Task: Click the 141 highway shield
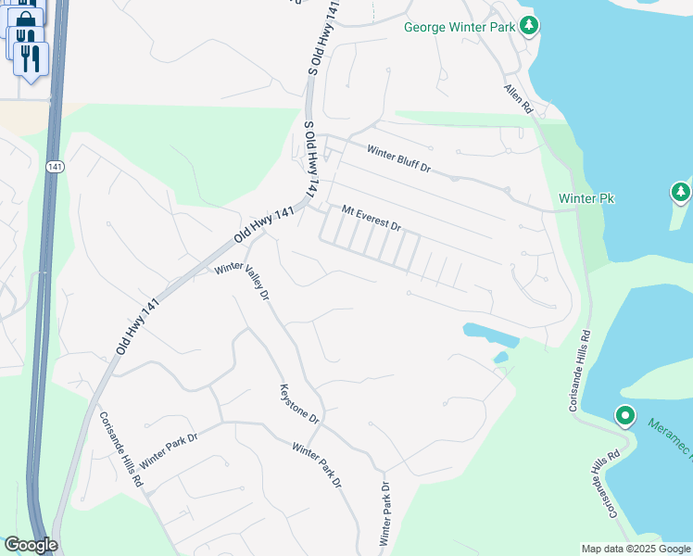click(53, 166)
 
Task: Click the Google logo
click(30, 545)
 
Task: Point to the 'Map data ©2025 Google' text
click(636, 549)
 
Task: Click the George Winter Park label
click(459, 27)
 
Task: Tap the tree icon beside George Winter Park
click(529, 26)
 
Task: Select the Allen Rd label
click(519, 99)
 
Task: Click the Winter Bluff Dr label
click(399, 159)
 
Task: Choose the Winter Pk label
click(586, 199)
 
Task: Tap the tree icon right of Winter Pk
click(681, 193)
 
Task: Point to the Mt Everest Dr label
click(371, 219)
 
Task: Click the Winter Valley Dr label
click(242, 281)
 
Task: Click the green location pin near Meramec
click(625, 416)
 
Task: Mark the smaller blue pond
click(501, 357)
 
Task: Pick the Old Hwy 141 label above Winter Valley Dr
click(263, 225)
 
